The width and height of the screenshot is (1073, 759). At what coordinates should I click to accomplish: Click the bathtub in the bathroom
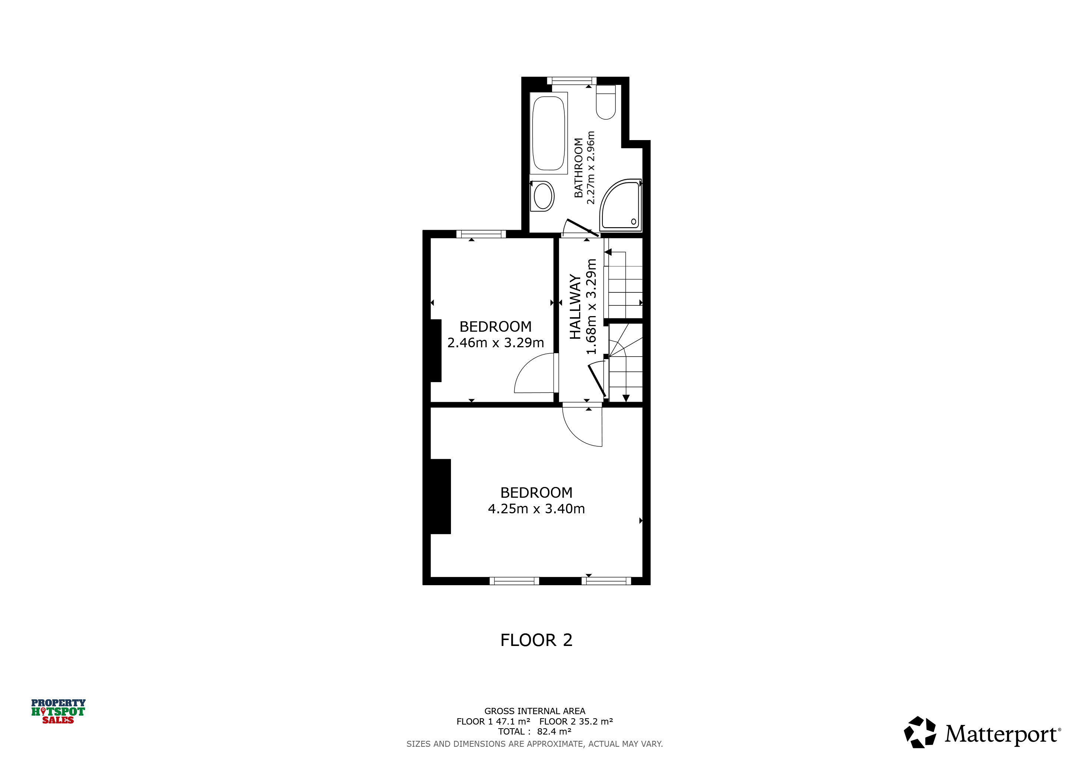coord(549,133)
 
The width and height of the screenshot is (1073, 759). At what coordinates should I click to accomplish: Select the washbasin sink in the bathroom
coord(542,196)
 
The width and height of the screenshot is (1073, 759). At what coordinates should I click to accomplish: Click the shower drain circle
coord(634,222)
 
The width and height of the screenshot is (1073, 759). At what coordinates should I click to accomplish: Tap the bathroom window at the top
coord(572,81)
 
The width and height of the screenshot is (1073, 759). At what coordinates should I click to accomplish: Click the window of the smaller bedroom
coord(481,234)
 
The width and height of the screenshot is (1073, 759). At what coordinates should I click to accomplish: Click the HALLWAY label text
coord(575,306)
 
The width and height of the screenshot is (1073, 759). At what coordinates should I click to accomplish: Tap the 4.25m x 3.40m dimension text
coord(536,509)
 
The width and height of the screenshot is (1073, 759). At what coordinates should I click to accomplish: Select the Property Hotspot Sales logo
coord(59,711)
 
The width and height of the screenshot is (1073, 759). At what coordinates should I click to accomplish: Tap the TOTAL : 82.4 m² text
coord(535,732)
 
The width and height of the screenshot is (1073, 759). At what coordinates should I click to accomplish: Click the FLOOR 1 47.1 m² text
coord(494,722)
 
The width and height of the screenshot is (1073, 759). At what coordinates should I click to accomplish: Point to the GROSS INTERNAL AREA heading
coord(535,711)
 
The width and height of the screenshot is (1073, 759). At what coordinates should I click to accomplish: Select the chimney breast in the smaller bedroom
coord(436,351)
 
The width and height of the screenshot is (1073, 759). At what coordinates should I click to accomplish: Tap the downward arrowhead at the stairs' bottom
coord(626,398)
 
